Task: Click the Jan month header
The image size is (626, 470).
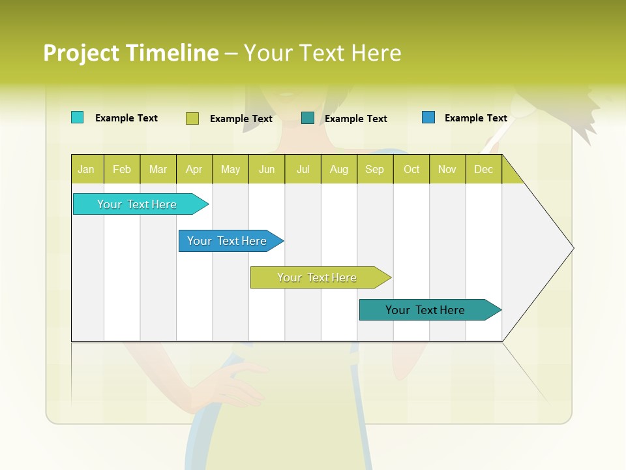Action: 86,169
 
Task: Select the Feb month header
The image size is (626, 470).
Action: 122,169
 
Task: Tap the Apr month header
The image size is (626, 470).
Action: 194,169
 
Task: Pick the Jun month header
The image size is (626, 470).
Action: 267,169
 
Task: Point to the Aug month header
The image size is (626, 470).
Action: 338,169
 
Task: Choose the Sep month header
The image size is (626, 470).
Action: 374,169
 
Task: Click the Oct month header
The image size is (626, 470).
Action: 411,169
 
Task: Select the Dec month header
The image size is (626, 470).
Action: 483,169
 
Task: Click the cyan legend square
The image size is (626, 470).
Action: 77,117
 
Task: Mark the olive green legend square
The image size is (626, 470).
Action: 192,118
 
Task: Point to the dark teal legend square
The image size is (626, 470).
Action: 308,117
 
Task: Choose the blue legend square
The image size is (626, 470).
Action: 428,117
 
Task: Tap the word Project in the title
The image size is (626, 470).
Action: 80,53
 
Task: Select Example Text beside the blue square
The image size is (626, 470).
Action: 475,117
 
